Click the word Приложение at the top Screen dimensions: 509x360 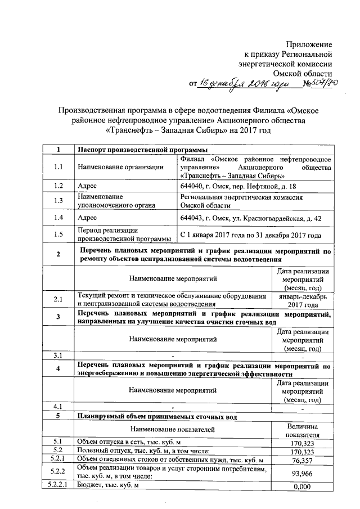point(309,44)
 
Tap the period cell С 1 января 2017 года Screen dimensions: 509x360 point(250,235)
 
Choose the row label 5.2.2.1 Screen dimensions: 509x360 point(58,486)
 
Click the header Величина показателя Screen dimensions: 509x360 point(303,431)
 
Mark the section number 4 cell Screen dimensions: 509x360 point(58,369)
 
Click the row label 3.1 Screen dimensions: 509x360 point(58,355)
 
